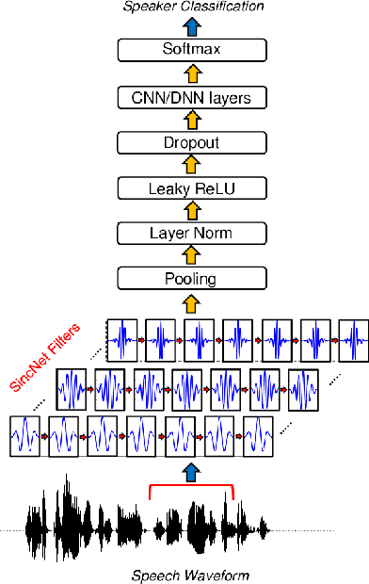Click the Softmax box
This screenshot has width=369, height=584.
pyautogui.click(x=191, y=50)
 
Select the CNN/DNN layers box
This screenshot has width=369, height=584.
pyautogui.click(x=191, y=96)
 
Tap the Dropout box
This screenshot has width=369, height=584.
pyautogui.click(x=191, y=142)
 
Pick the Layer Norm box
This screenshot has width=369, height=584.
pyautogui.click(x=191, y=233)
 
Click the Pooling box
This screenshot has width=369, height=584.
pyautogui.click(x=191, y=279)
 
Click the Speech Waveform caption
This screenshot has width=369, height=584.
pyautogui.click(x=191, y=575)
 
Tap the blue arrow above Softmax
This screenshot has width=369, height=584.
pyautogui.click(x=191, y=26)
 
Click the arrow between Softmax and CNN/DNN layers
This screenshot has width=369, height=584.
pyautogui.click(x=191, y=73)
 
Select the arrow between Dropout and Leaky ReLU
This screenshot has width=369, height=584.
pyautogui.click(x=191, y=165)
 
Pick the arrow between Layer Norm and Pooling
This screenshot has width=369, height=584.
pyautogui.click(x=191, y=256)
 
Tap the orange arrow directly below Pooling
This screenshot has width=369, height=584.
pyautogui.click(x=191, y=302)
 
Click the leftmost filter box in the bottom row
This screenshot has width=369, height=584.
pyautogui.click(x=25, y=437)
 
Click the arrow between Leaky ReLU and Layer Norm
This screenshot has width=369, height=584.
pyautogui.click(x=191, y=210)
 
